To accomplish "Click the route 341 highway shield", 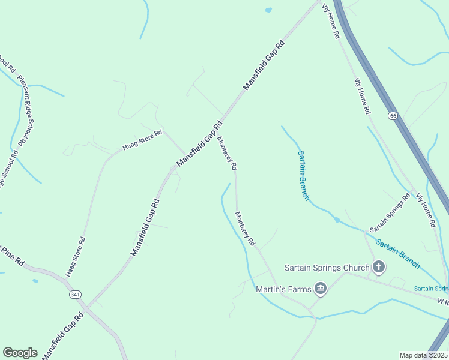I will (75, 295).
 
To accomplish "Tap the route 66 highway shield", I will (393, 115).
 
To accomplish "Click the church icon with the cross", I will (378, 267).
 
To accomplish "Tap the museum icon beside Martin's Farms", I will (321, 290).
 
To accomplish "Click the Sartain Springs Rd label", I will (390, 213).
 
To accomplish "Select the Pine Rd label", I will (12, 256).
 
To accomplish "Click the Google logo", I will (20, 353).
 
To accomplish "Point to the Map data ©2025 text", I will (423, 355).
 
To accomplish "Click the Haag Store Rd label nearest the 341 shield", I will (76, 256).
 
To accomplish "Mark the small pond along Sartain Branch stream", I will (337, 220).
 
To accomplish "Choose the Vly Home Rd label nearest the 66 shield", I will (363, 96).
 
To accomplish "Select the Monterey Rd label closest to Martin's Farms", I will (246, 229).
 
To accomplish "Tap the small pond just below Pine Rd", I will (35, 280).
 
